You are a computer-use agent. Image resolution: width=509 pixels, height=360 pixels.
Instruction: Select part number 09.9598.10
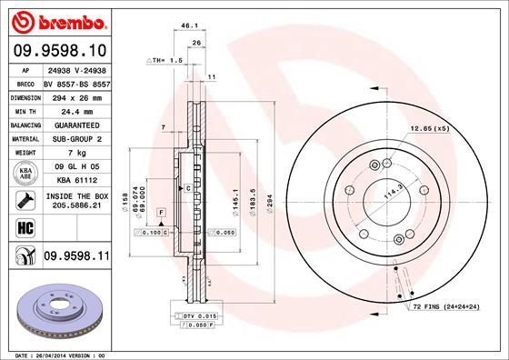[60, 51]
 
